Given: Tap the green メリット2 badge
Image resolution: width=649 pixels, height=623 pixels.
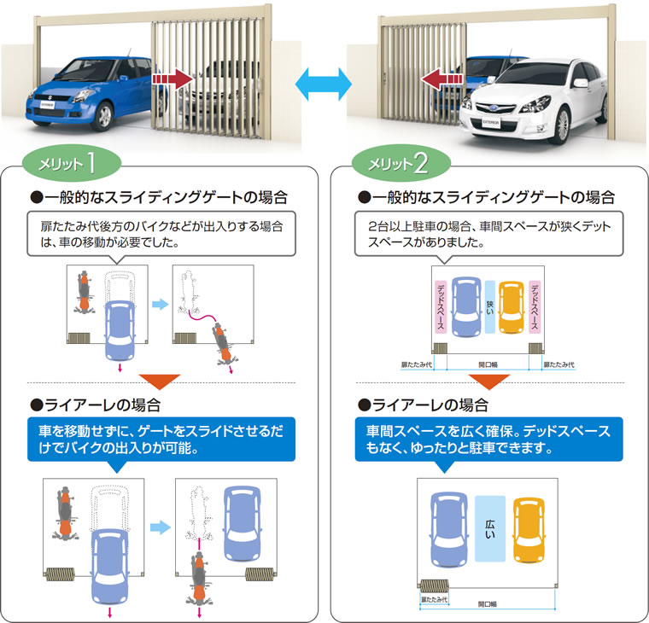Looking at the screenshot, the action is point(401,163).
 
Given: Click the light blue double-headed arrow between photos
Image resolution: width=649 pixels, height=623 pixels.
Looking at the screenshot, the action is point(324,84).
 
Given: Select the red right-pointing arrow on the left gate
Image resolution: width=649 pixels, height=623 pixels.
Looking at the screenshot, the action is point(172,79).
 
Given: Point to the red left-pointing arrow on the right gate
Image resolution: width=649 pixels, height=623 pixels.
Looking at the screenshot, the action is point(442,79).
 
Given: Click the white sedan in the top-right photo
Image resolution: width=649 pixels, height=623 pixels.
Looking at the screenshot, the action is point(534,102).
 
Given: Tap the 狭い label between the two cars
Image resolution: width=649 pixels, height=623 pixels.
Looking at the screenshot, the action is point(489,307).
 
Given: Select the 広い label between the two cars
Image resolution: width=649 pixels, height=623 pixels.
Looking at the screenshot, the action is point(490,528).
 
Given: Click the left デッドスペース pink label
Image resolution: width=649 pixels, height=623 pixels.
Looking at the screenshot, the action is point(441,306).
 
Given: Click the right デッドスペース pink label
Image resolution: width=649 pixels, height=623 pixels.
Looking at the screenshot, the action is point(535,306).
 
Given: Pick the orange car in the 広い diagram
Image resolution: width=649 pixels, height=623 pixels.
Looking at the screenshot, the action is point(529,530).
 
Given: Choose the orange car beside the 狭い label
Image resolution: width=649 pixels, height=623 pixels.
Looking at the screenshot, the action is point(512,308).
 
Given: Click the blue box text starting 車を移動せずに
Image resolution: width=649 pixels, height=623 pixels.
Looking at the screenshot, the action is point(161,440).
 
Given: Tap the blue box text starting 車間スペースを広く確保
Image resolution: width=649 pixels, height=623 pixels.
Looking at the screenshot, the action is point(488,440).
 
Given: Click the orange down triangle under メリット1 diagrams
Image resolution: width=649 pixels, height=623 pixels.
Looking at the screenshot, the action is point(160,381).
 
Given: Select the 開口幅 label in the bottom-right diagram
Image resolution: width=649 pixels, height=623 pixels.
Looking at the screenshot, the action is point(488,604).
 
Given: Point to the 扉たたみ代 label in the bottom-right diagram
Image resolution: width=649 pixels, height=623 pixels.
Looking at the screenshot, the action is point(434,599).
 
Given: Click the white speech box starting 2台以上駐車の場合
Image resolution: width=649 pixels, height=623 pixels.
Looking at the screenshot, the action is point(488,234).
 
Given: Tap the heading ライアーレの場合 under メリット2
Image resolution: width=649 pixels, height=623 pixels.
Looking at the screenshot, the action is point(424,405).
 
